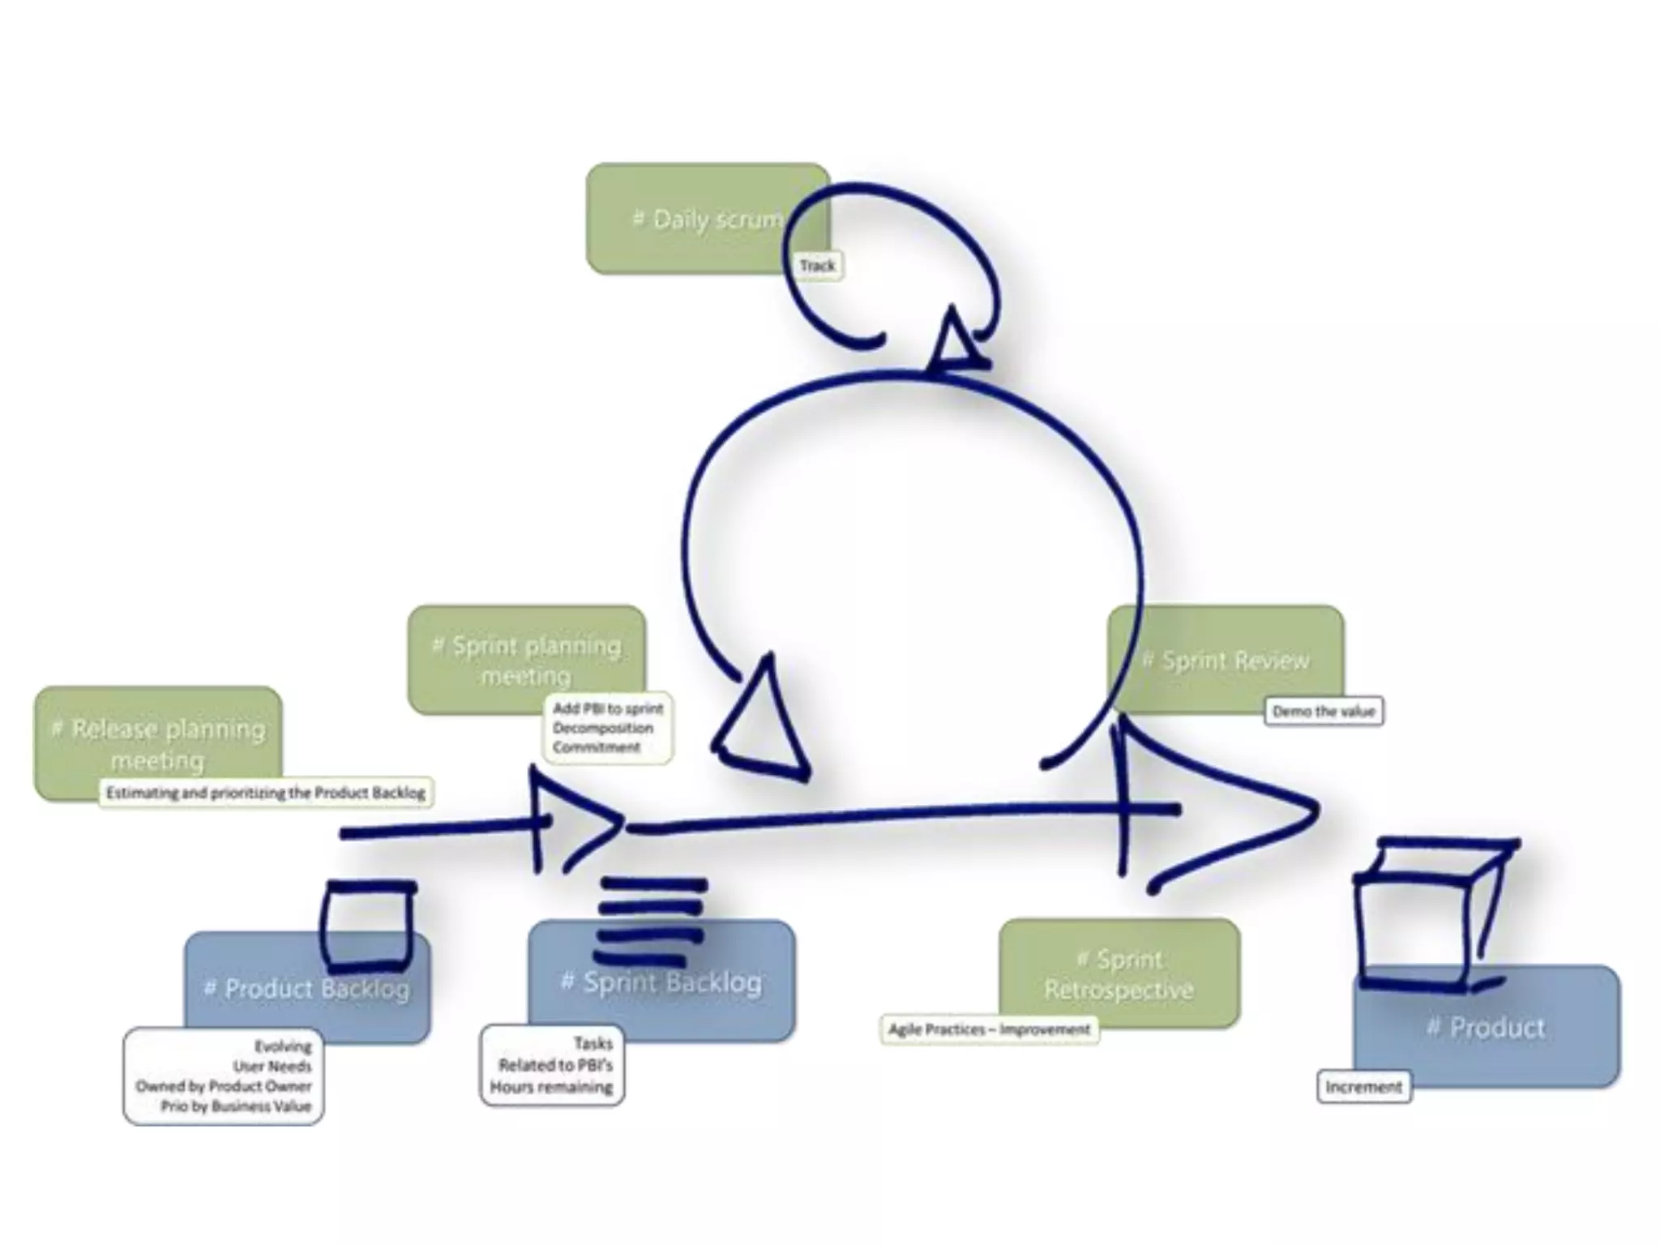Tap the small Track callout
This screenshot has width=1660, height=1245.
click(x=817, y=265)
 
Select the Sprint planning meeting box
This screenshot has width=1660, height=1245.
click(x=527, y=660)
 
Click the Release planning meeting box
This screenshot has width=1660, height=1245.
click(x=159, y=743)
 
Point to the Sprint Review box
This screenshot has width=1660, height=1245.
click(x=1226, y=660)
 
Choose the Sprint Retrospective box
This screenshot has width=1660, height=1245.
click(x=1119, y=974)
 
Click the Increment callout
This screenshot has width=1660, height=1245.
click(x=1363, y=1087)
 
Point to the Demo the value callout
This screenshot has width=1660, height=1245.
click(x=1324, y=712)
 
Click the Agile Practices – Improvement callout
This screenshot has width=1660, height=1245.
click(x=989, y=1029)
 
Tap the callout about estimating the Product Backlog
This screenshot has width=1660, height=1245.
click(x=266, y=793)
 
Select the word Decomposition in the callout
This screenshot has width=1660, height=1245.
click(x=603, y=728)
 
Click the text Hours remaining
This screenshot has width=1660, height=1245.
click(x=551, y=1087)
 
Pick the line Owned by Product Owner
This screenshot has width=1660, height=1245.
click(x=224, y=1086)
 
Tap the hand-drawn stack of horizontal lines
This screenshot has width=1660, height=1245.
click(x=651, y=911)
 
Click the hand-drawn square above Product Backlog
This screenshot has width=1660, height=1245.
click(x=368, y=926)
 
